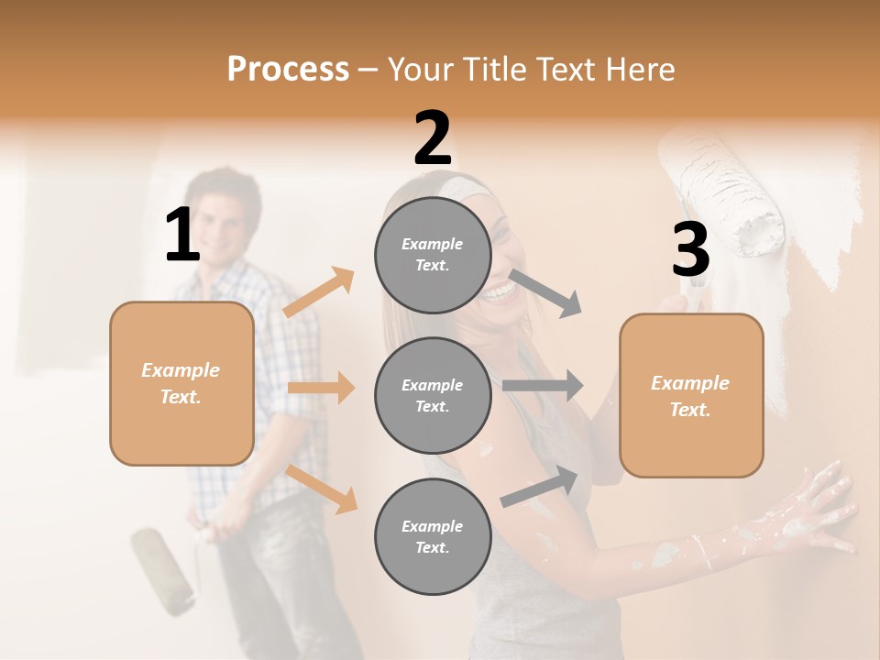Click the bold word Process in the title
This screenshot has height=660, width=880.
click(x=288, y=69)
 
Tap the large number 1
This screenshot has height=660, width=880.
click(x=182, y=235)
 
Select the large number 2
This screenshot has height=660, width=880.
click(x=433, y=138)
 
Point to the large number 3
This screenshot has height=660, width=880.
click(x=690, y=250)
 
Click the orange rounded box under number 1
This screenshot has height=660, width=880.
click(x=181, y=383)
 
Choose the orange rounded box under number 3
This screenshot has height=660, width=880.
click(x=691, y=396)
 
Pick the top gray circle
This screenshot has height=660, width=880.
click(x=433, y=254)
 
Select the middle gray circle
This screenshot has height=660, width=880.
click(x=433, y=395)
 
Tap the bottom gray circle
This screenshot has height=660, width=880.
click(x=433, y=536)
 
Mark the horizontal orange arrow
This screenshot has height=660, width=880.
click(x=321, y=388)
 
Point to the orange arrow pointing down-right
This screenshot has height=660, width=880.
click(x=322, y=489)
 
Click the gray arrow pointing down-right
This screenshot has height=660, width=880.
click(x=545, y=292)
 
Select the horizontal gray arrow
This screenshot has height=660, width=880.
click(x=543, y=385)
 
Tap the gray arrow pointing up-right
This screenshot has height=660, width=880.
click(x=539, y=486)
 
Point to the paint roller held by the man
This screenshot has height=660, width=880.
click(x=163, y=567)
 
